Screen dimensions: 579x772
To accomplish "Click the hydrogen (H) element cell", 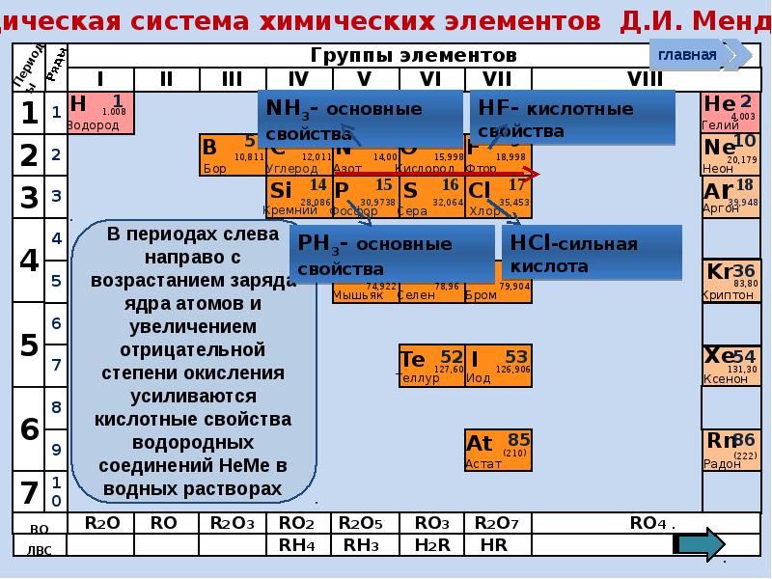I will pos(100,112).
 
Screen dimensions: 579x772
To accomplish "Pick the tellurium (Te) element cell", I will pos(431,366).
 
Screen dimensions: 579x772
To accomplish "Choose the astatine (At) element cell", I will pos(497,450).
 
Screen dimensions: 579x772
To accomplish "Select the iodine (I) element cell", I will pos(497,366).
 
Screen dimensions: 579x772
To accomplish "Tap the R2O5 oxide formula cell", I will pos(362,523).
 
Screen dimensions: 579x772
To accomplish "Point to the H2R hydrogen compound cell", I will pos(431,544).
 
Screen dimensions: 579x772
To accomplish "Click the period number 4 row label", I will pos(29,261).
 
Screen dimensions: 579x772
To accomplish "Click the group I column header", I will pos(100,78).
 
